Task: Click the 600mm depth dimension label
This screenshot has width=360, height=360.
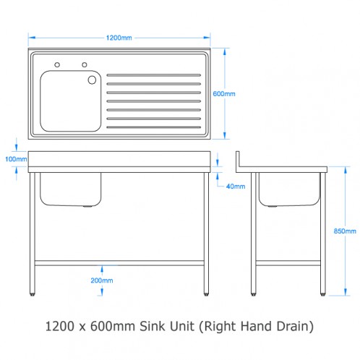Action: tap(225, 94)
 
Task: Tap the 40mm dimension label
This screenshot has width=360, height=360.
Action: tap(235, 186)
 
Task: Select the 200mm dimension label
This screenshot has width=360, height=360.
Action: tap(102, 280)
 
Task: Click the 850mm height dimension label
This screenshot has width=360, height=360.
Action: tap(346, 231)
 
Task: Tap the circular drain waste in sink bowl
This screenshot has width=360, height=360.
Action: tap(93, 80)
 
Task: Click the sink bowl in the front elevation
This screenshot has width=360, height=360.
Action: tap(70, 189)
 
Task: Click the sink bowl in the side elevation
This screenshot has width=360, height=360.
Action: tap(288, 189)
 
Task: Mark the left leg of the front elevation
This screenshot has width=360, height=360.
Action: tap(35, 235)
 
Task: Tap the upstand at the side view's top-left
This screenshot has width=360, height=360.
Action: tap(240, 158)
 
